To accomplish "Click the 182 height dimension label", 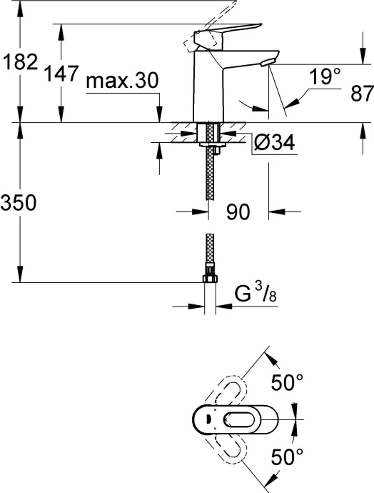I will [19, 62].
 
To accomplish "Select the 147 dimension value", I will [61, 74].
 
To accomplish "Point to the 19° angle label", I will [325, 77].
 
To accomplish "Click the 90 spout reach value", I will [240, 211].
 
